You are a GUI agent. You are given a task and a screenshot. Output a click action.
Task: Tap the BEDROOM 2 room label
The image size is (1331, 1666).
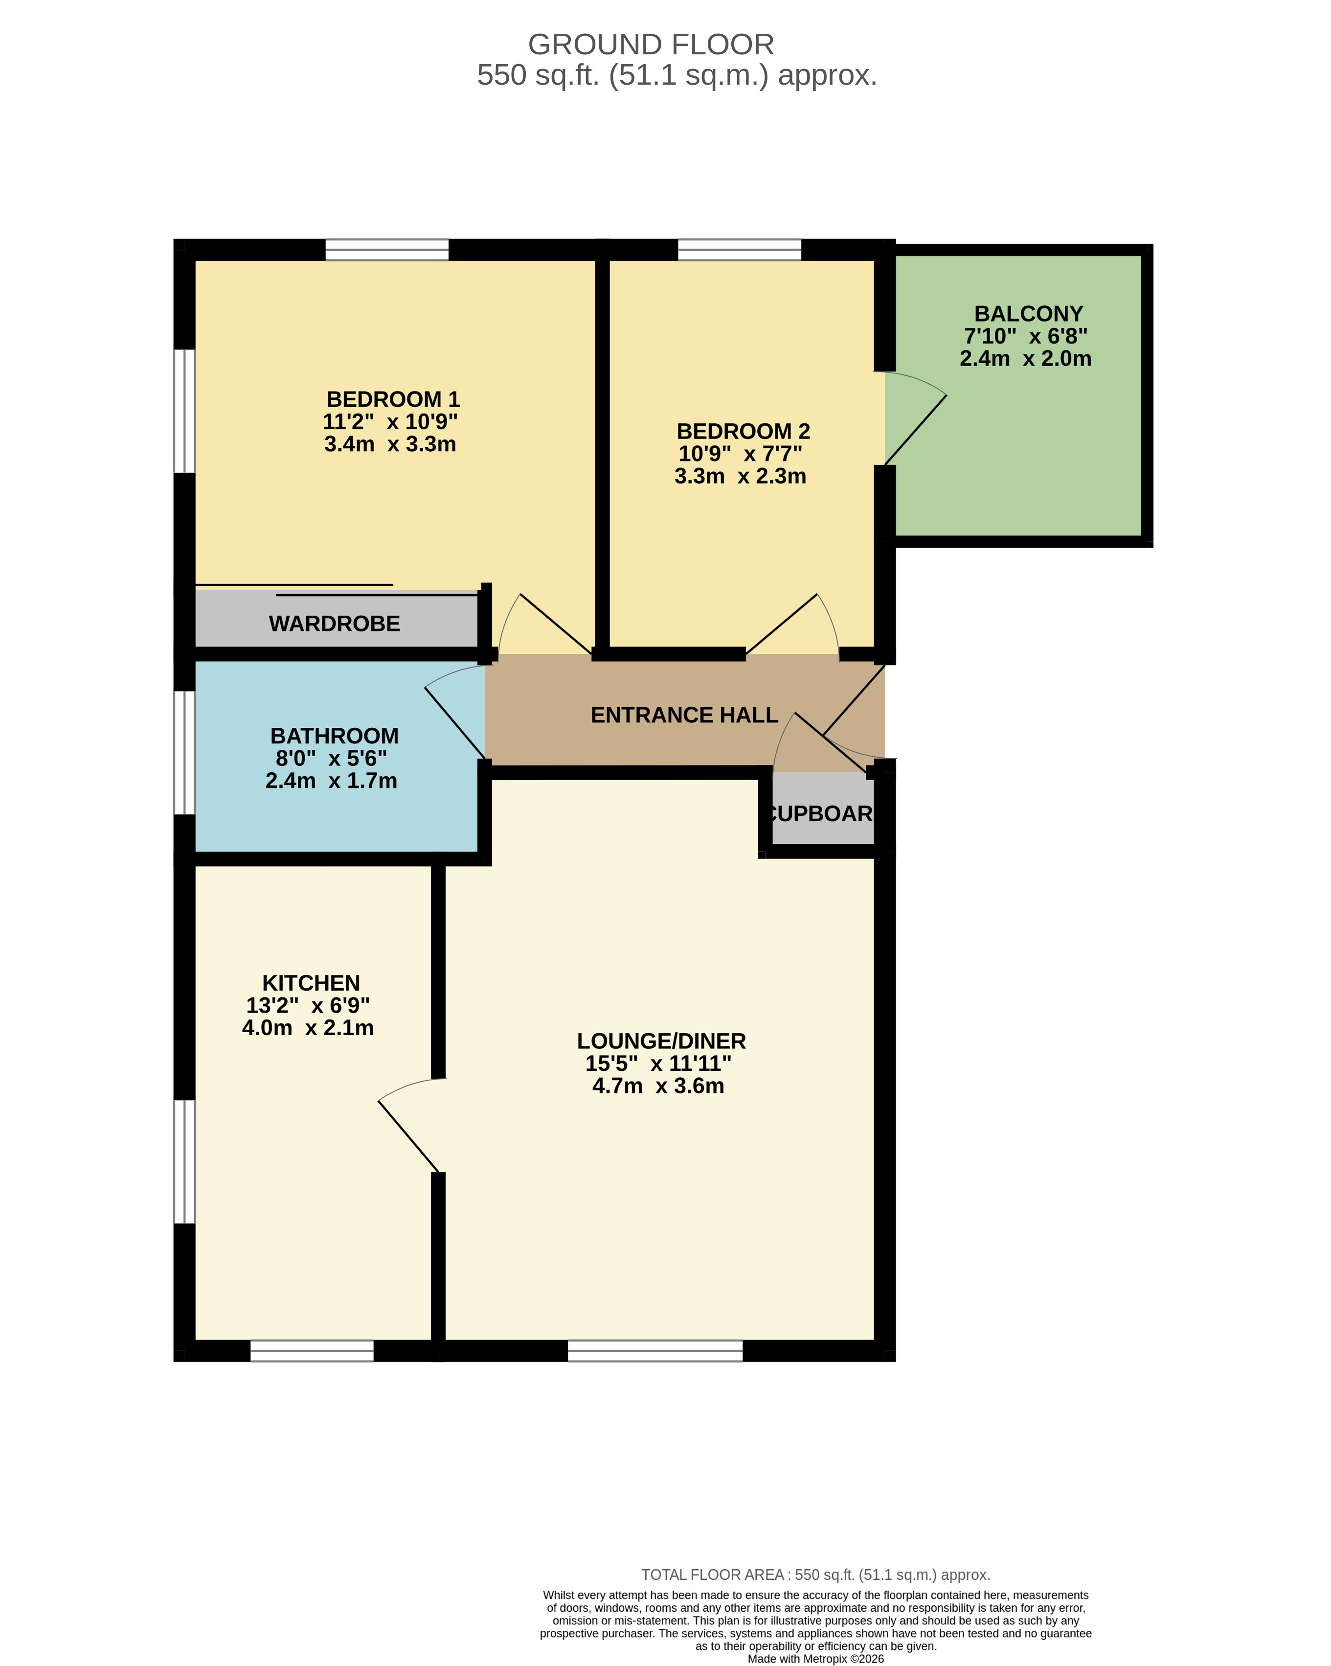pos(743,431)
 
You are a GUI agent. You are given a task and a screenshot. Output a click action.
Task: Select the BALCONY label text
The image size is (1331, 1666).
pos(1028,314)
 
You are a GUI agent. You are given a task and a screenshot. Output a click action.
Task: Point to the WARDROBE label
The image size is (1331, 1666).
pos(335,624)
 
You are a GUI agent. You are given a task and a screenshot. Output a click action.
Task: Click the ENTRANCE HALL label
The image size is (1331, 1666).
pos(684,715)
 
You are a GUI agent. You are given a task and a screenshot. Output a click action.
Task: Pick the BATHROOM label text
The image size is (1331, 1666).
pos(335,736)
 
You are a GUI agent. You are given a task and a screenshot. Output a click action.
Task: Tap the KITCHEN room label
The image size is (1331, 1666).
pos(311,983)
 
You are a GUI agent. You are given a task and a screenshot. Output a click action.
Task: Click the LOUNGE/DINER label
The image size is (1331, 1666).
pos(661,1041)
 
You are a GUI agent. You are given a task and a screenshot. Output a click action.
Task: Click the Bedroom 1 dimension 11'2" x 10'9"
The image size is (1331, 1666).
pos(390,422)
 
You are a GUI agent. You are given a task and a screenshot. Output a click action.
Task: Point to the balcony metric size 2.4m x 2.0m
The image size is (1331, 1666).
pos(1026,359)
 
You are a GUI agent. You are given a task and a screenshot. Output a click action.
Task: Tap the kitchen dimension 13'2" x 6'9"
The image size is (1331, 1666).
pos(308,1005)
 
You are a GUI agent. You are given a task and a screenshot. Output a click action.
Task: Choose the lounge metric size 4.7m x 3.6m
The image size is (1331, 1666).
pos(658,1086)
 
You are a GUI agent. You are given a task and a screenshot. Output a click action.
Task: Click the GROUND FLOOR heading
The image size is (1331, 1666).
pos(651,45)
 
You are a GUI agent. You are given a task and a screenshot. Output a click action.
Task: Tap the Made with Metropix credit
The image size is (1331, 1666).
pos(816,1658)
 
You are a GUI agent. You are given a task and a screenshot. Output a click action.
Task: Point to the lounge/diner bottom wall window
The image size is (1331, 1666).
pos(655,1351)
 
